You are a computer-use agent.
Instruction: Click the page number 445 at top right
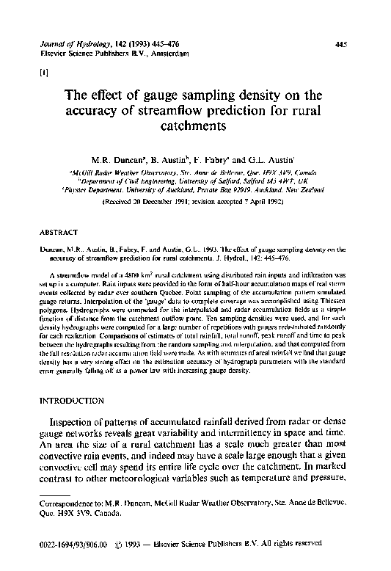click(x=340, y=44)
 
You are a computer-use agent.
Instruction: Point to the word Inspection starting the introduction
click(x=76, y=423)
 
